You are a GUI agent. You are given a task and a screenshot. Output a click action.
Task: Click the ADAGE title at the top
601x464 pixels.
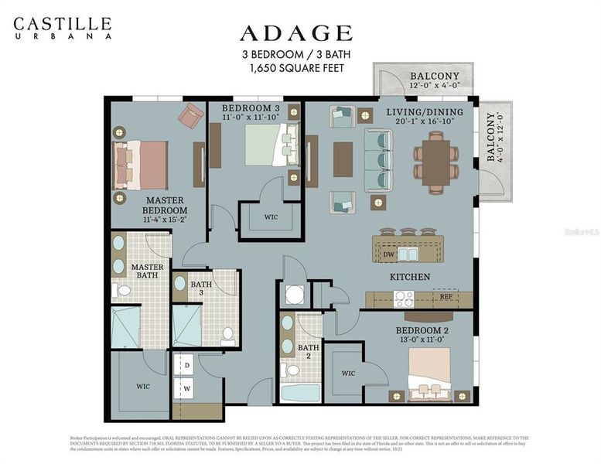295,32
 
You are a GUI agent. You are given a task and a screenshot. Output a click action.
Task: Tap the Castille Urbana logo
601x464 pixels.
62,28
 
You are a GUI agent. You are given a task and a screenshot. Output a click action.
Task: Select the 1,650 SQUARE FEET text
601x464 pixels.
296,68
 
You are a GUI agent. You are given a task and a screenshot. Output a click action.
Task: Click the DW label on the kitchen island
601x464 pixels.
389,253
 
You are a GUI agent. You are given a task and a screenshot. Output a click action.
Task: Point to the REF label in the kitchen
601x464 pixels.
446,296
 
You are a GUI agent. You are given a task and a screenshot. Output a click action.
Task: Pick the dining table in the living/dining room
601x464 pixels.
437,161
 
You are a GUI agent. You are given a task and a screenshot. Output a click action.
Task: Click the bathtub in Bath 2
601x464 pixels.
300,392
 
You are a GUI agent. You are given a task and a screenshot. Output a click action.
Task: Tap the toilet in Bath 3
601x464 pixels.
228,334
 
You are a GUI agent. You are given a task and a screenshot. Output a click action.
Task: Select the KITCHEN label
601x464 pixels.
410,277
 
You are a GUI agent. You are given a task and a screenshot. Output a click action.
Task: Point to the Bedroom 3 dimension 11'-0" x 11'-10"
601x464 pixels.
252,118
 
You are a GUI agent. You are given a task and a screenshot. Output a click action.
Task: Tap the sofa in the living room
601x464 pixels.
379,160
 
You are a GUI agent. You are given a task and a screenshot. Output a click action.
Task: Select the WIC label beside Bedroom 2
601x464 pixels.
348,374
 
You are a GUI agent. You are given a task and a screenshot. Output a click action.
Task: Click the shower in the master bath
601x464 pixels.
125,327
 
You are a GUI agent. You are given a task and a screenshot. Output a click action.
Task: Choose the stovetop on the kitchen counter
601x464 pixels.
403,298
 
